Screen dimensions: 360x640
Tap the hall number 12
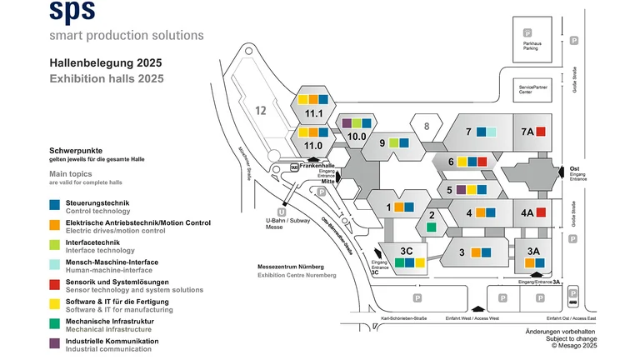point(261,110)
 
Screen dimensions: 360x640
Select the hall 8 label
point(426,127)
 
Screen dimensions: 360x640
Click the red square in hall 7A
point(540,132)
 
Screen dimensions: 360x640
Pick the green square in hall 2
point(431,227)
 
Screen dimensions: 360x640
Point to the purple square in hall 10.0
point(347,123)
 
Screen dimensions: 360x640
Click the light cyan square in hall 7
point(492,132)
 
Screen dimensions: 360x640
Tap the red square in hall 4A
point(540,212)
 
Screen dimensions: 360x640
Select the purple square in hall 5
point(461,190)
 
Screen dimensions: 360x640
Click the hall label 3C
point(407,251)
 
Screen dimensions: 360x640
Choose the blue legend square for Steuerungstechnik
point(54,202)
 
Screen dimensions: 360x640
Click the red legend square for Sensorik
point(54,282)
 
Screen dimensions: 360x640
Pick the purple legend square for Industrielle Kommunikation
point(54,342)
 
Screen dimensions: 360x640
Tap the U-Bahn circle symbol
point(282,212)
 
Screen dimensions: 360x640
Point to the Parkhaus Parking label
point(530,46)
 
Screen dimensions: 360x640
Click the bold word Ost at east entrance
point(574,166)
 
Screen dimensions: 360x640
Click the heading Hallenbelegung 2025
point(105,63)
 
